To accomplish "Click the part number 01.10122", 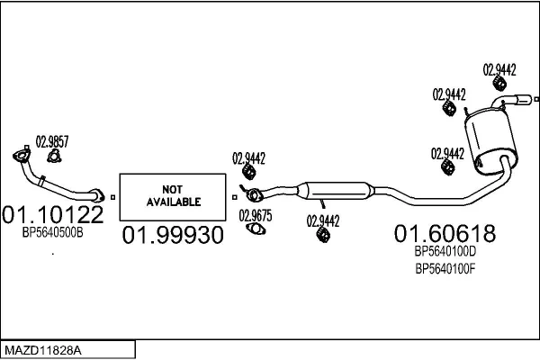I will (53, 214).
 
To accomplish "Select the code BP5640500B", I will (53, 232).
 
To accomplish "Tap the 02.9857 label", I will (51, 140).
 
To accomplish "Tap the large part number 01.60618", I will (445, 234).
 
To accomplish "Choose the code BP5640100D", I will (445, 253).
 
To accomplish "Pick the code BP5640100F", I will (445, 267).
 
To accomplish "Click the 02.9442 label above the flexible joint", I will (248, 158).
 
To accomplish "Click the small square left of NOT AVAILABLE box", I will (113, 196).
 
